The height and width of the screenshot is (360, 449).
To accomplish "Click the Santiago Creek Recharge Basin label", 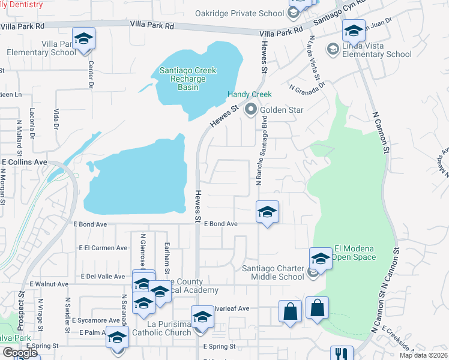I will [188, 79].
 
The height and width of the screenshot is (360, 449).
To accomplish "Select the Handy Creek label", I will [249, 95].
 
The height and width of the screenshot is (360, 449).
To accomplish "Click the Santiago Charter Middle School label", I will [273, 272].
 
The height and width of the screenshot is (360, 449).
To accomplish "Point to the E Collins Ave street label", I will [25, 162].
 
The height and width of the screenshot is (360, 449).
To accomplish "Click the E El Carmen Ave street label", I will [103, 247].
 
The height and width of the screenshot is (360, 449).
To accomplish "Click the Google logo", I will [20, 353].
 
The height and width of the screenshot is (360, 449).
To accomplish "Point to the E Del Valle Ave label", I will [104, 277].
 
